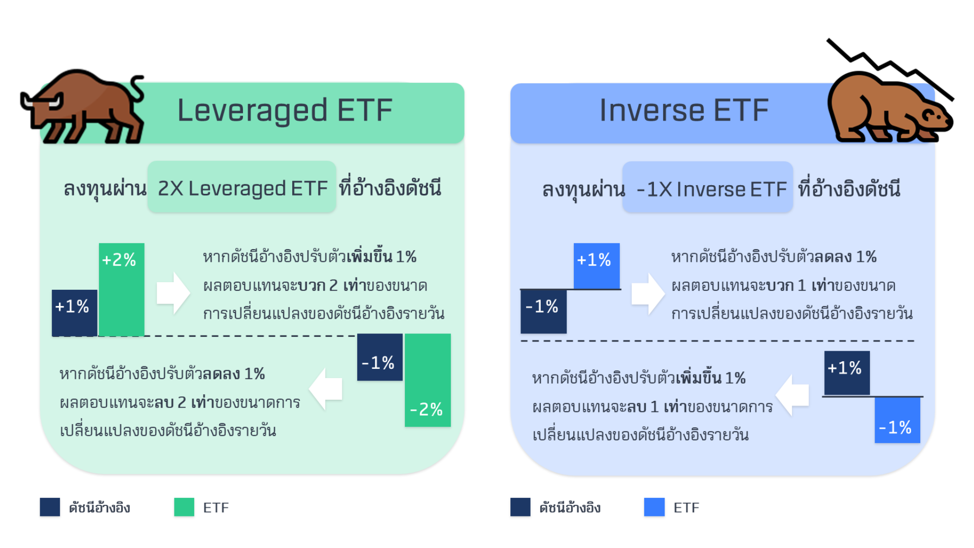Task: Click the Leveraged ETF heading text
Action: (285, 111)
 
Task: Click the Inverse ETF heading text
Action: (684, 111)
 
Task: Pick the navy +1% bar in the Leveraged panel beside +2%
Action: (74, 313)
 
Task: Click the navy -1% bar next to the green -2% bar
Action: (379, 357)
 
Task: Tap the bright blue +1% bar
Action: (597, 265)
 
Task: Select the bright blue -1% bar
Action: (897, 420)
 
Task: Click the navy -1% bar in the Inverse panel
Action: (543, 311)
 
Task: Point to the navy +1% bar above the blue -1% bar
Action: (847, 373)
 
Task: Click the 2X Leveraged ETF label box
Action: (242, 187)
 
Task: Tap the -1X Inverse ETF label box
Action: (708, 188)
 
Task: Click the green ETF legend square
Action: (184, 507)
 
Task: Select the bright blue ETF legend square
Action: (654, 507)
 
